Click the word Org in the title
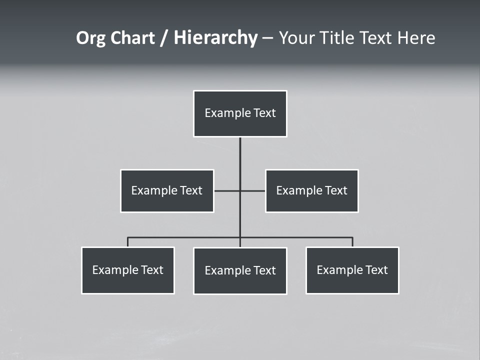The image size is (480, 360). [90, 38]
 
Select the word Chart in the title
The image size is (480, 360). [131, 38]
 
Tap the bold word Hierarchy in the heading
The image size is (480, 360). [215, 38]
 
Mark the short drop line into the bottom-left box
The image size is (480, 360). [127, 242]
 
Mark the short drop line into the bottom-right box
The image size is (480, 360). [352, 242]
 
